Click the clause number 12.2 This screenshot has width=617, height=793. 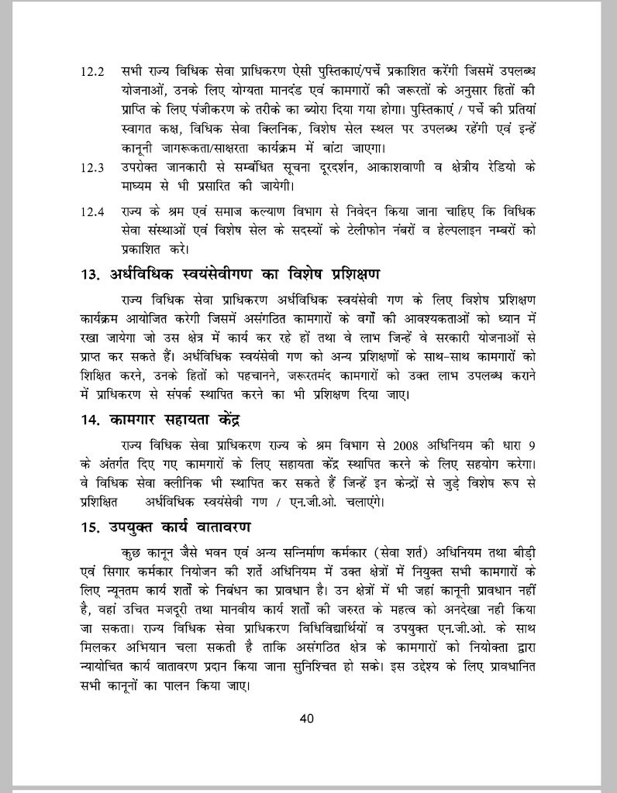[92, 71]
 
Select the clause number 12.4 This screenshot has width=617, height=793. [92, 211]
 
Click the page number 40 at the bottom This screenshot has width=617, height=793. [307, 717]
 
